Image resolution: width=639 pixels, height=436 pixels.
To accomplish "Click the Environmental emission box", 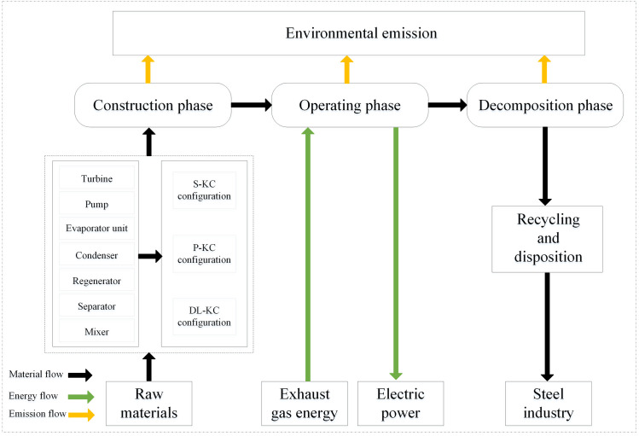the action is pos(348,33).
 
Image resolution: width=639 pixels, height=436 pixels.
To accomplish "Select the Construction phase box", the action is pos(153,105).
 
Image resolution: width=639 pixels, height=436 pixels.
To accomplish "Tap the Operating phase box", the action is pos(350,105).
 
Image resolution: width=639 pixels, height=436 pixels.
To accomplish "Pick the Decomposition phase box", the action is pos(545,105).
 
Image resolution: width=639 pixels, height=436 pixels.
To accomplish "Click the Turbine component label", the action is pos(96,178).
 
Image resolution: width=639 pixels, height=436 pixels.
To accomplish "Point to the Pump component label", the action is pos(96,204).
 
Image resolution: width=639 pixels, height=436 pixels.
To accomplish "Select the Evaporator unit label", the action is pos(96,228).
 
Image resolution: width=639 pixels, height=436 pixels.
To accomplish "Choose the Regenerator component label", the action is pos(96,281).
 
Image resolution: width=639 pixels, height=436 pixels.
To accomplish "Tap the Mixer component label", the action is pos(96,332).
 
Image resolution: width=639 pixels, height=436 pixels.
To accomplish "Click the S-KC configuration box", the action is pos(204,190).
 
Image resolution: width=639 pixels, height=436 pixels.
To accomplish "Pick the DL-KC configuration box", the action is pos(204,317).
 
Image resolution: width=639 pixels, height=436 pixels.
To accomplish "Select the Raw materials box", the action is pos(148,404).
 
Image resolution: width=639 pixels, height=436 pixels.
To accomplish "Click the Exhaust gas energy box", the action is pos(305,404).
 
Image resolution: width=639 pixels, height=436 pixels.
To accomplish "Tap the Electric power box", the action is pos(401,404).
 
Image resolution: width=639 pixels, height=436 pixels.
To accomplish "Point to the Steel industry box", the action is pos(548,404).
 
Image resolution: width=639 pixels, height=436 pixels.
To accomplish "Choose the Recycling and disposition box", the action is pos(547,239).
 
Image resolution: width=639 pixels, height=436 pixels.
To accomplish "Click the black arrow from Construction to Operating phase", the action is pos(252,105).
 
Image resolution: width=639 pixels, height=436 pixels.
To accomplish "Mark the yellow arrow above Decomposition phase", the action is pos(544,70).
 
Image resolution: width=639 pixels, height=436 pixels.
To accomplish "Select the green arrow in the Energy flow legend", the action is pos(81,397).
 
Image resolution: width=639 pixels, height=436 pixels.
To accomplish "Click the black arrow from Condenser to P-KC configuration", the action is pos(150,256).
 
